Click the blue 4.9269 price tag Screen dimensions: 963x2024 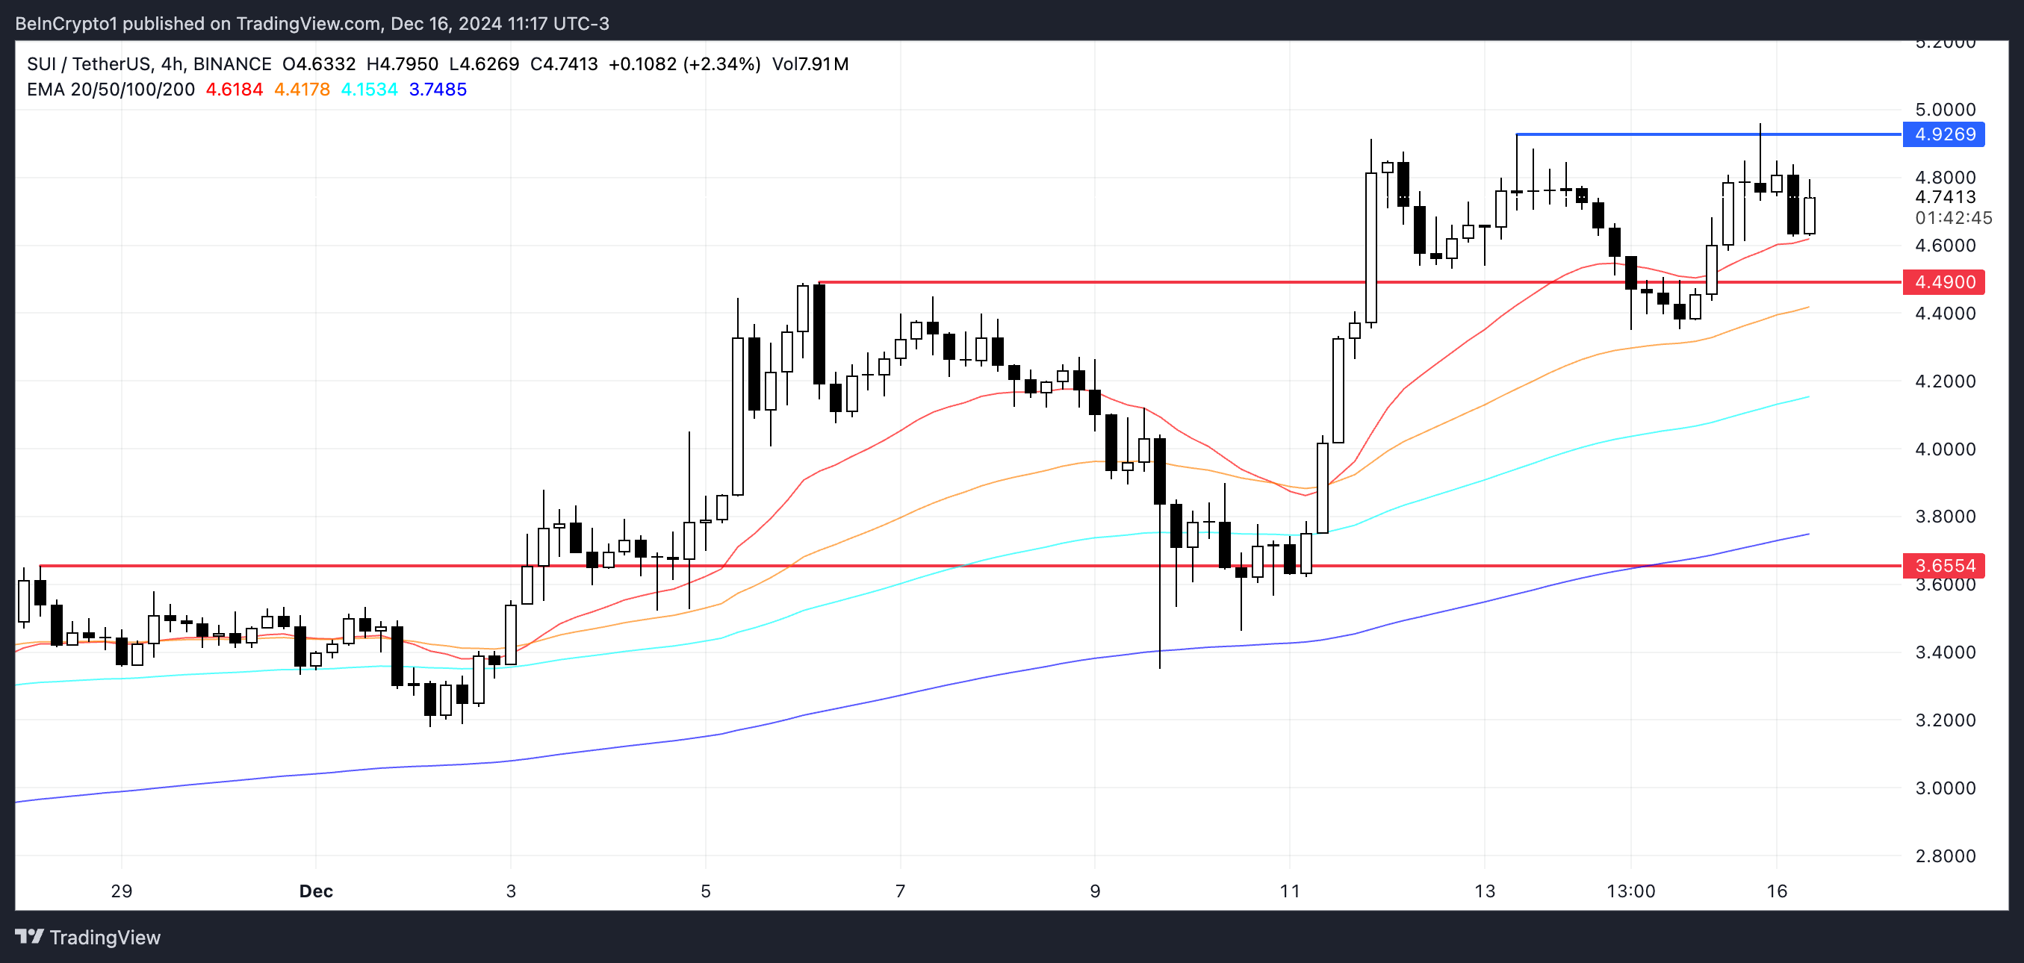click(x=1944, y=134)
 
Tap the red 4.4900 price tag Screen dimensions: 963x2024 click(x=1944, y=282)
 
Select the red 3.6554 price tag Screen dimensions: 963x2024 click(x=1944, y=566)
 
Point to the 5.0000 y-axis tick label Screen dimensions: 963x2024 click(x=1945, y=110)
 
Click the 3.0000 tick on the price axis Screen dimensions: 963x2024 click(x=1945, y=788)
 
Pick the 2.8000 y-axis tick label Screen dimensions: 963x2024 click(x=1945, y=856)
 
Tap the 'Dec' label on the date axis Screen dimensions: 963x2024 click(x=316, y=891)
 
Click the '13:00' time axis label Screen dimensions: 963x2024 click(x=1630, y=891)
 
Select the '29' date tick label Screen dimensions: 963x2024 click(x=122, y=891)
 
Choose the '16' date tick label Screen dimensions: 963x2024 click(x=1777, y=891)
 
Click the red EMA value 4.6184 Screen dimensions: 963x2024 click(x=235, y=90)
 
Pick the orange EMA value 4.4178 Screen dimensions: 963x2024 click(x=302, y=90)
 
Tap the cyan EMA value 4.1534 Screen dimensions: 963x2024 click(x=369, y=90)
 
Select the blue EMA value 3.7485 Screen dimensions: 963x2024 click(x=438, y=90)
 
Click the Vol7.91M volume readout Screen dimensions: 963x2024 click(x=810, y=64)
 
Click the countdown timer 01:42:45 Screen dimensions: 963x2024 click(x=1953, y=217)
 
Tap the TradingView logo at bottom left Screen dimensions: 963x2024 click(x=88, y=937)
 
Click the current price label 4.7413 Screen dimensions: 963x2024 click(x=1945, y=197)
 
